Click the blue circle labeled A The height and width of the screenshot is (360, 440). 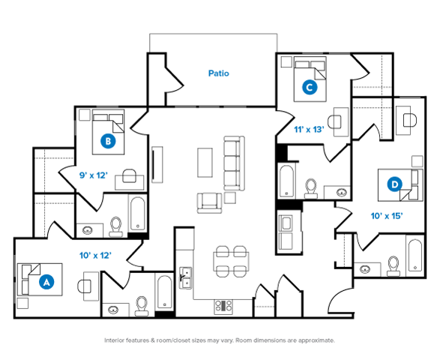coord(46,281)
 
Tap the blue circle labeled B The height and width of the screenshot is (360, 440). coord(108,141)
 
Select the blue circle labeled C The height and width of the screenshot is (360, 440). coord(310,87)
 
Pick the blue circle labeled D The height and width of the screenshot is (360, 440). coord(394,184)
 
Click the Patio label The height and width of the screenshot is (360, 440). coord(219,73)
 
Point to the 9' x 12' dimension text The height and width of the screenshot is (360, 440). coord(94,175)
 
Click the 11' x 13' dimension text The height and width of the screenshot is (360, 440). coord(309,130)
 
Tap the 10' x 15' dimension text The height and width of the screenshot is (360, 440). coord(387,216)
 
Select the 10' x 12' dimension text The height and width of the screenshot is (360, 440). coord(95,256)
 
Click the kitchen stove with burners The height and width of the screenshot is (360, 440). coord(223,307)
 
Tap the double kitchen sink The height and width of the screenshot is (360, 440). coord(185,278)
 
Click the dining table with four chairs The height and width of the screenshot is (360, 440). coord(231,262)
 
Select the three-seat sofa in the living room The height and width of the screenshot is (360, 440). coord(234,163)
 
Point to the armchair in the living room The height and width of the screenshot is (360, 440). coord(209,203)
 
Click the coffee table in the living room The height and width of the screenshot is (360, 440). coord(205,163)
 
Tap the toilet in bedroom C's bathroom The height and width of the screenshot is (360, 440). coord(311,188)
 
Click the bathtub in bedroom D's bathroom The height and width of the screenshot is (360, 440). coord(415,255)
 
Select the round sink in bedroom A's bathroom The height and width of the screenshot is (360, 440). coord(112,310)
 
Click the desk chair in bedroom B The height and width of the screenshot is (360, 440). coord(130,175)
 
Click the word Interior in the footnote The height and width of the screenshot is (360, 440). coord(114,340)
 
